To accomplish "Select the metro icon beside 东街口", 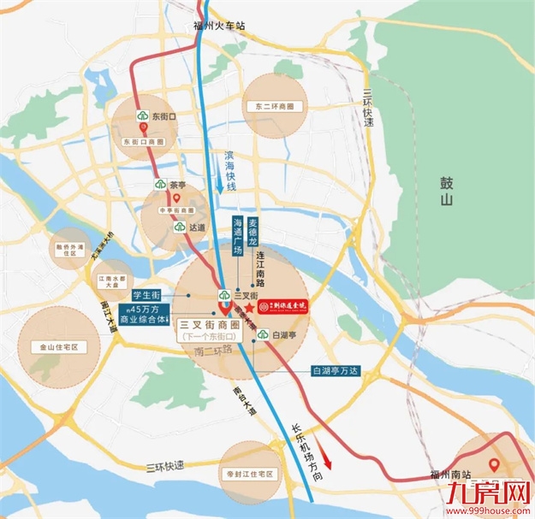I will pos(142,116).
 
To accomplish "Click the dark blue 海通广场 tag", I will pos(238,236).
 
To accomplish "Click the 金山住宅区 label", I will pos(53,347).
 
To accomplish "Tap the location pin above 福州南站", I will pos(493,466).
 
